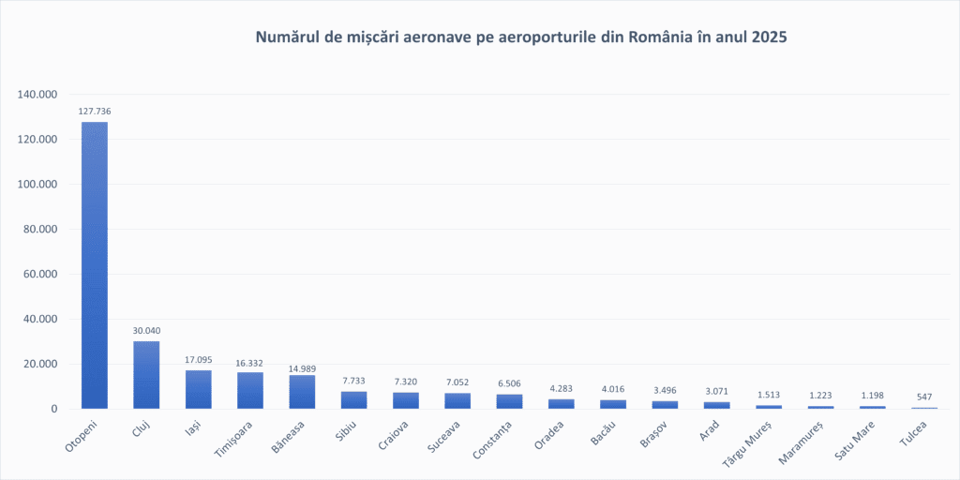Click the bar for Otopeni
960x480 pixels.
(x=94, y=265)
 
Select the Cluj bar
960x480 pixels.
(x=146, y=375)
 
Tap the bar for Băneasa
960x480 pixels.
(x=302, y=392)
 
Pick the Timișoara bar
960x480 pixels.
(x=250, y=390)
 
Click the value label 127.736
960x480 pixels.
(x=94, y=112)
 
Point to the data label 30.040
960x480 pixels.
(x=146, y=331)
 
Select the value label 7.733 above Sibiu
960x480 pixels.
(x=353, y=382)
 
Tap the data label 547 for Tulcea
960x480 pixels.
(x=923, y=397)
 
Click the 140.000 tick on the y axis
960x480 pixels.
(x=38, y=95)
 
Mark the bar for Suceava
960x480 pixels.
(x=457, y=400)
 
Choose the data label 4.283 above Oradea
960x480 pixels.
(x=561, y=389)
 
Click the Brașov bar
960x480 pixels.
(x=665, y=404)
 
